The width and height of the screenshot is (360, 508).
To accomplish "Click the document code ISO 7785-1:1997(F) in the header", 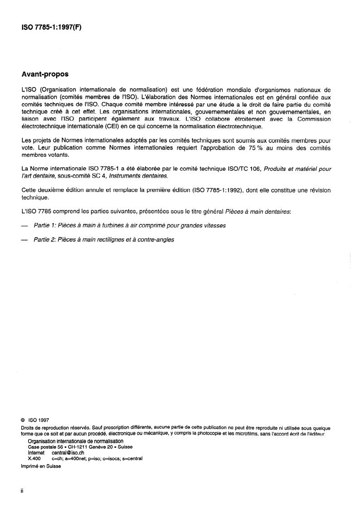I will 51,27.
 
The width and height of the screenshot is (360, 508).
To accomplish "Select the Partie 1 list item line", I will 129,225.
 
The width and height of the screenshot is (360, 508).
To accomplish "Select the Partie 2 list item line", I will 104,240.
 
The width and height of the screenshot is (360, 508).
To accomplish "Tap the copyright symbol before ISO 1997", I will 23,420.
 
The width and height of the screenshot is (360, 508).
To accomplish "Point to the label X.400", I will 34,458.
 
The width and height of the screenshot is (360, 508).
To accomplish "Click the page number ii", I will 22,492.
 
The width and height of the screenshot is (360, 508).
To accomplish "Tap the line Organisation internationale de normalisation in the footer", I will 75,441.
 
